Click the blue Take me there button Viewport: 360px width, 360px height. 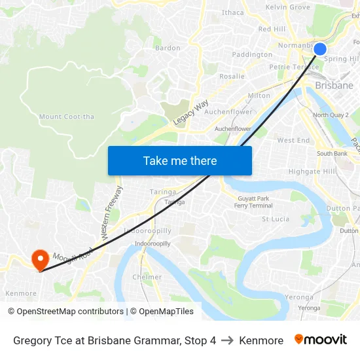pyautogui.click(x=180, y=160)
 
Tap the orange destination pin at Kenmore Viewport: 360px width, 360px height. pyautogui.click(x=40, y=260)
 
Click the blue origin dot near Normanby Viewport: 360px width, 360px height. pyautogui.click(x=320, y=49)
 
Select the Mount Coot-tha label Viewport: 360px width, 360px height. pyautogui.click(x=67, y=117)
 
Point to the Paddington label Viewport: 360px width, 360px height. pyautogui.click(x=252, y=54)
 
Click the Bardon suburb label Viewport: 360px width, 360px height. pyautogui.click(x=168, y=48)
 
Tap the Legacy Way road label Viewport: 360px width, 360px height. pyautogui.click(x=191, y=113)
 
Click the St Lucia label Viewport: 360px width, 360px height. pyautogui.click(x=276, y=219)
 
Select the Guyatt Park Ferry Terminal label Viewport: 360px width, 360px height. pyautogui.click(x=253, y=202)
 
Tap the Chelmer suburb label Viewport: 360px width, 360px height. pyautogui.click(x=147, y=277)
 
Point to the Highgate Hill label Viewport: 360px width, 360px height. pyautogui.click(x=312, y=171)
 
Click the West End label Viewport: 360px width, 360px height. pyautogui.click(x=293, y=140)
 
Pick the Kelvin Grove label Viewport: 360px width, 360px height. pyautogui.click(x=288, y=7)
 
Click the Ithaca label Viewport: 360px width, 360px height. pyautogui.click(x=233, y=12)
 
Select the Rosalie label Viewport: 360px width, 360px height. pyautogui.click(x=232, y=76)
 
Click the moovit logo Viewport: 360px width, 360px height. pyautogui.click(x=321, y=340)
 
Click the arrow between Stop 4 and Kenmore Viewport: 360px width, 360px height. pyautogui.click(x=227, y=340)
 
